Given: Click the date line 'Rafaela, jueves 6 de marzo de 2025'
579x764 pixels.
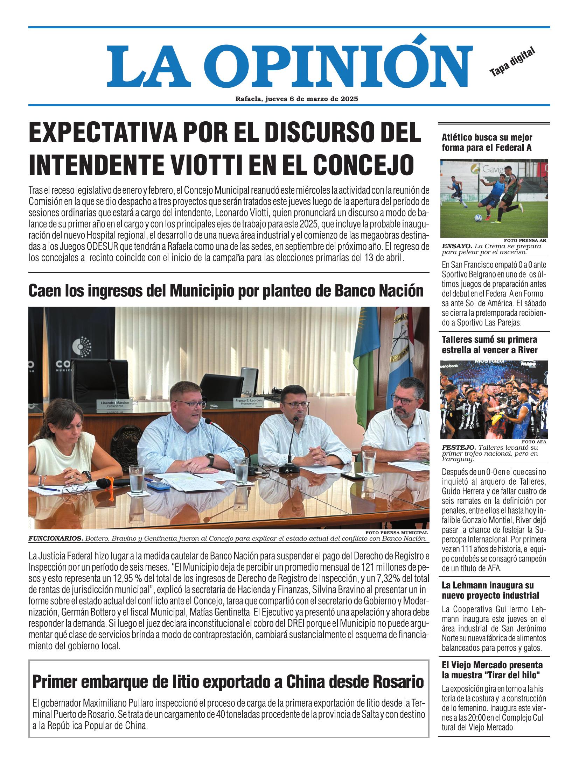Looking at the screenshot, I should coord(297,99).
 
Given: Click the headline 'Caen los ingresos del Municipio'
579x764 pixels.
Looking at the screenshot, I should coord(226,291).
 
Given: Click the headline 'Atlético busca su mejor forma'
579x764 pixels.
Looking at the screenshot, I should coord(487,142).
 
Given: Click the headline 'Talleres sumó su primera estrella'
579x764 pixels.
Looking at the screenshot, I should coord(489,344).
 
